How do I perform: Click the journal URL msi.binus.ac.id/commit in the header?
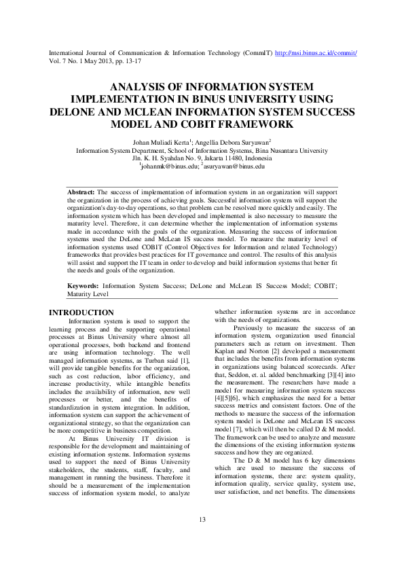pos(316,52)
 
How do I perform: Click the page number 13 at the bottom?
pos(202,539)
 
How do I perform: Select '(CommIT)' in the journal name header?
pos(256,52)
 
